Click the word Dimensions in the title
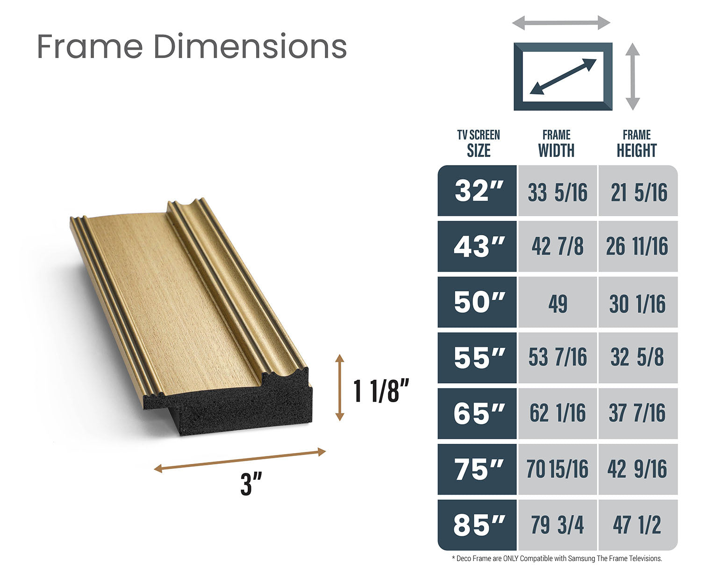point(250,46)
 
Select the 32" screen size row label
point(477,191)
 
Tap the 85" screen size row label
point(477,525)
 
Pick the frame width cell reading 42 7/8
point(558,246)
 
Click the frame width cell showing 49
point(558,302)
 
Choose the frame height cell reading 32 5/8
point(638,358)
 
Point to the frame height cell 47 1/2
point(638,525)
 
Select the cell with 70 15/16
point(558,469)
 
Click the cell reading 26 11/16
point(638,246)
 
